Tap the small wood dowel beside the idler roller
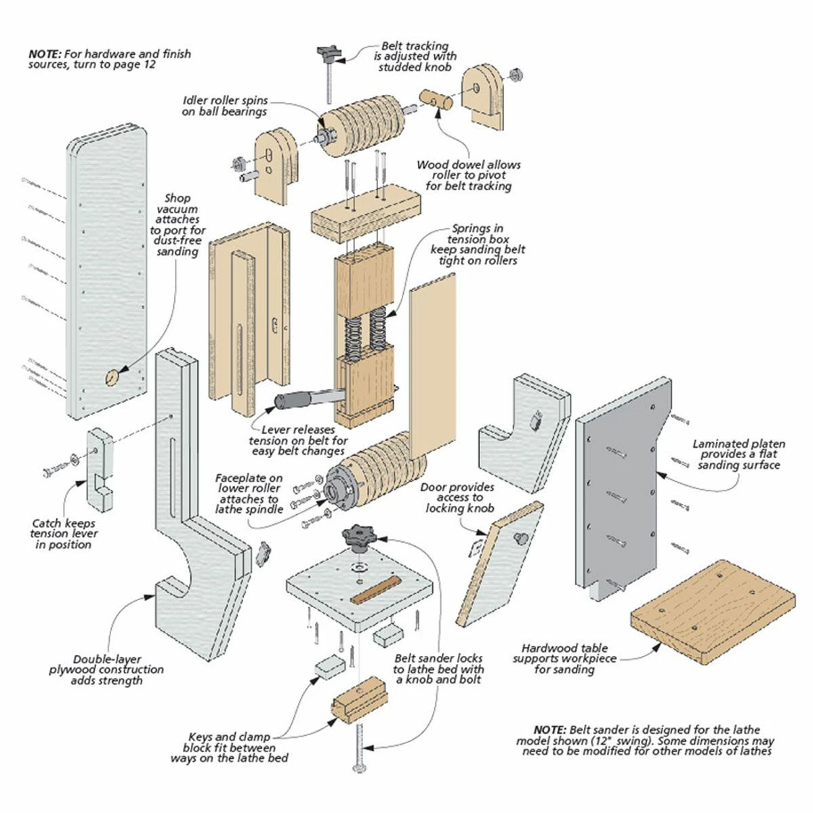[436, 100]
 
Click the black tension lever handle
[291, 400]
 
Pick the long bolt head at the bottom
[359, 768]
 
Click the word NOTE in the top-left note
[44, 54]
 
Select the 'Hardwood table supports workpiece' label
[560, 659]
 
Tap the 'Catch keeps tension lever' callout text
[64, 534]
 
